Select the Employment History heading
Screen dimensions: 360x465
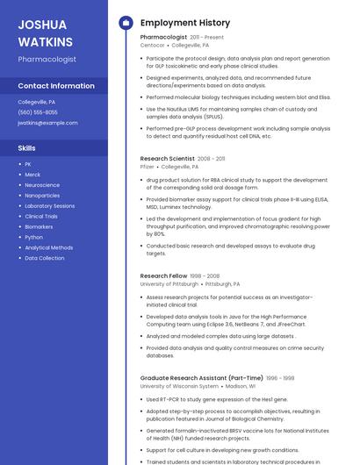184,22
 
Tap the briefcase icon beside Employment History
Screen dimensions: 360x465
125,22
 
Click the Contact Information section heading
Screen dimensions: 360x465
56,86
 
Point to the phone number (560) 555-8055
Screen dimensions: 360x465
38,112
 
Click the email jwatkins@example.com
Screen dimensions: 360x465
47,123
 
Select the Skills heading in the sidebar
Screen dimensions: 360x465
27,148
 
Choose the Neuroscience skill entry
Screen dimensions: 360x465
42,185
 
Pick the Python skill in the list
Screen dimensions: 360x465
33,237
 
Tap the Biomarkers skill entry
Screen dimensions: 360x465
39,226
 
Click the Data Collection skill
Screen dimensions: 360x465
44,258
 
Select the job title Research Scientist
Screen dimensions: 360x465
167,159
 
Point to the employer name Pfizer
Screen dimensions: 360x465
147,166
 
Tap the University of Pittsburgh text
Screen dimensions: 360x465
169,284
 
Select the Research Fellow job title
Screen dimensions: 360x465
163,276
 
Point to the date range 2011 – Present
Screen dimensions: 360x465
206,38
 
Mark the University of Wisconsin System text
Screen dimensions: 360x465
179,386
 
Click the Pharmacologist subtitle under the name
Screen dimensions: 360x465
47,60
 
